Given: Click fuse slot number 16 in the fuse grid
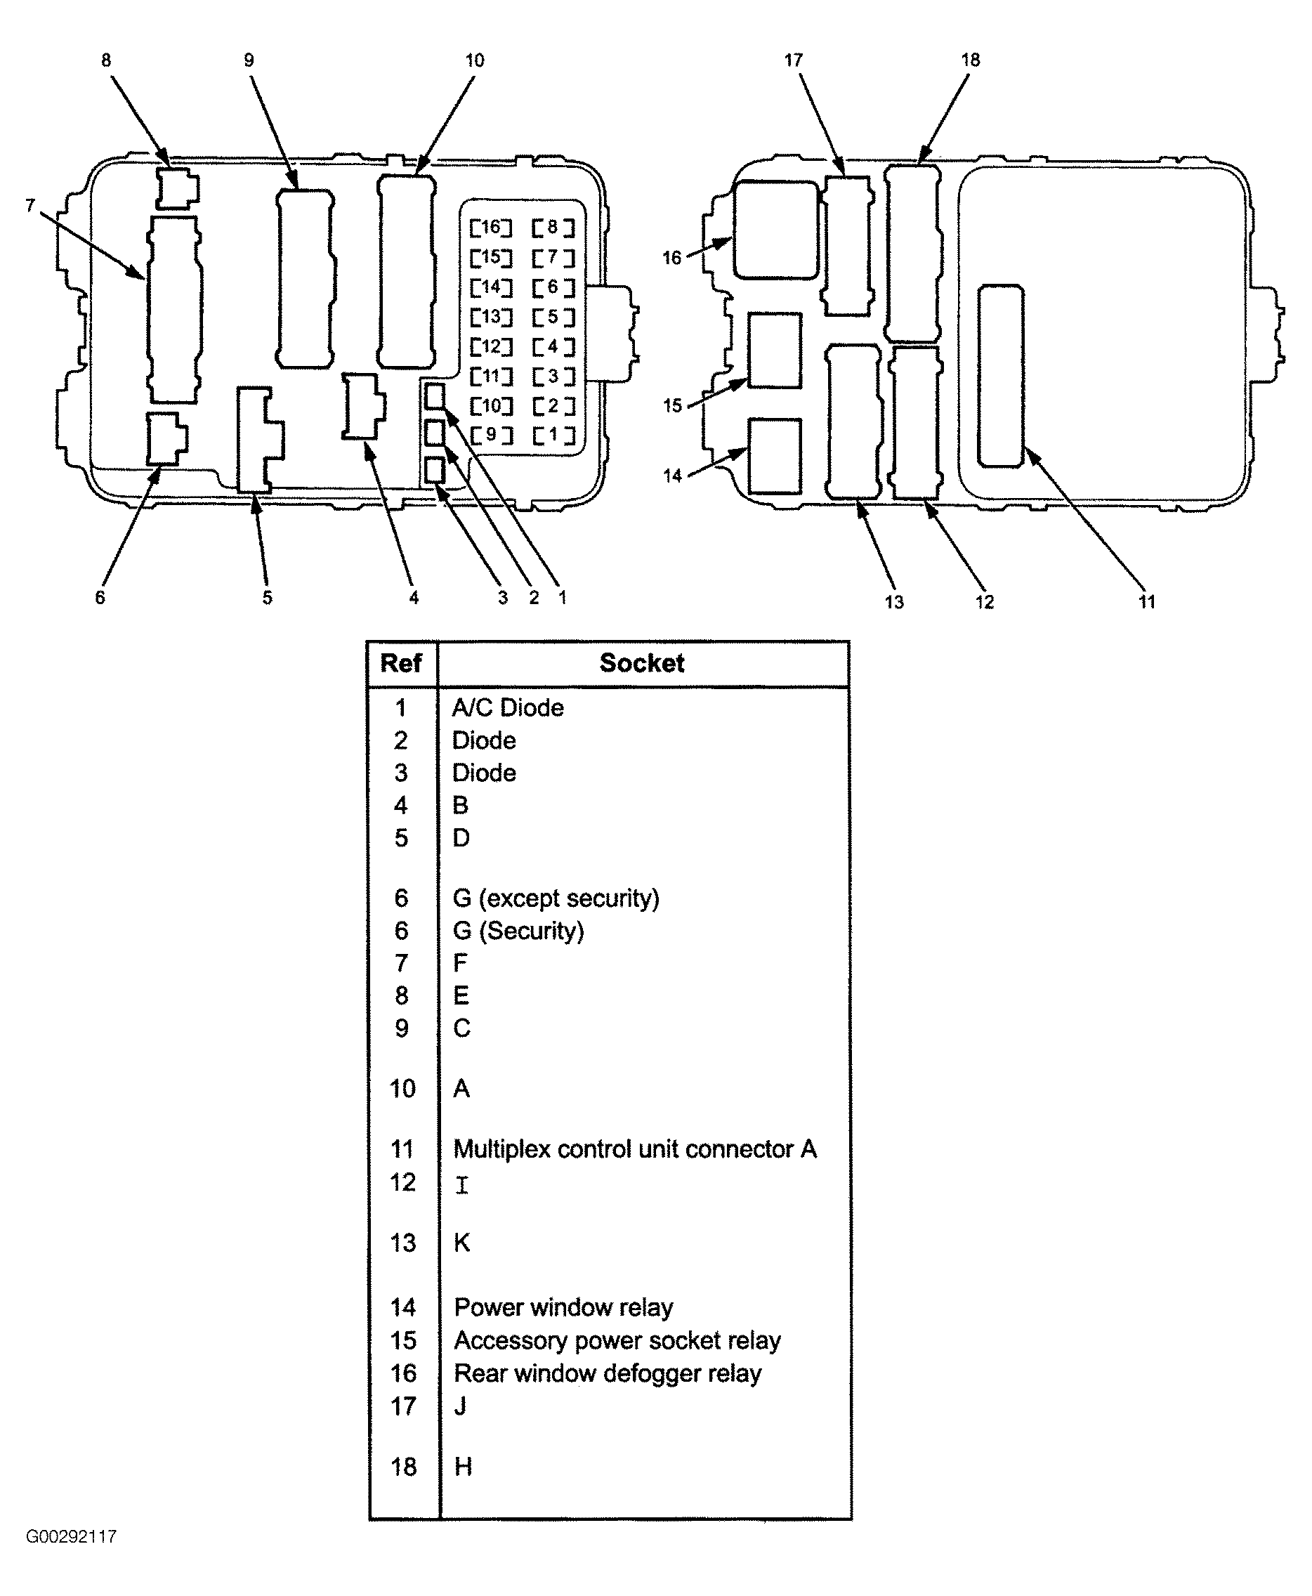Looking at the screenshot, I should click(490, 227).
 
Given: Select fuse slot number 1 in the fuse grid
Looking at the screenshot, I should click(553, 436).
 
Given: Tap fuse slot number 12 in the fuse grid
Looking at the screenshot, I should click(490, 346).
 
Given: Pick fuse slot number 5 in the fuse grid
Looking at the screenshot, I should click(553, 317).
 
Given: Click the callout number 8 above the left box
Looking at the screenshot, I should click(106, 60).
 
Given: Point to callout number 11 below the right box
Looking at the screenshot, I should click(1146, 601).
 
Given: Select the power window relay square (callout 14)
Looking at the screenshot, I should click(775, 457).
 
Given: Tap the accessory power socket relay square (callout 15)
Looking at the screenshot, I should click(775, 351).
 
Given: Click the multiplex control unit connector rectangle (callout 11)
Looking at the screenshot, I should click(1001, 376).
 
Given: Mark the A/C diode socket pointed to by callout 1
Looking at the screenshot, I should click(435, 395).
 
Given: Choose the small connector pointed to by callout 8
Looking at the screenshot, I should click(177, 188).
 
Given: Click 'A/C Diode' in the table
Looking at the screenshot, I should click(507, 708).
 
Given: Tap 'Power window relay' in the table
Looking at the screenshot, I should click(563, 1307).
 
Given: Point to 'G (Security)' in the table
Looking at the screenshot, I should click(518, 931).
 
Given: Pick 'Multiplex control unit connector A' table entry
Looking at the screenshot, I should click(634, 1149).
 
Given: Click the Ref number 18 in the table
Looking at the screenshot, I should click(403, 1467).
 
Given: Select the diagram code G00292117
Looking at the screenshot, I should click(71, 1536).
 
